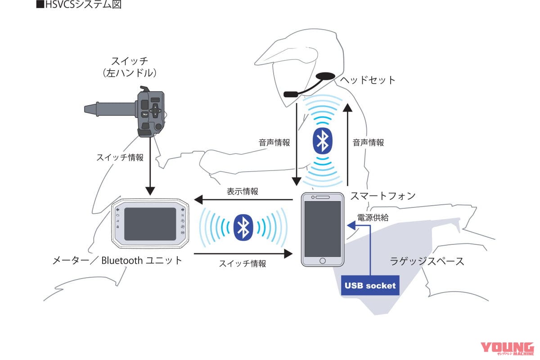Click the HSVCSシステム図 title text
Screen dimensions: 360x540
(81, 6)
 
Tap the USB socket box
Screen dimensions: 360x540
(370, 285)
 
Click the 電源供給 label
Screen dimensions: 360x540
(373, 217)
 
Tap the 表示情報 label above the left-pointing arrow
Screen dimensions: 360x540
(243, 191)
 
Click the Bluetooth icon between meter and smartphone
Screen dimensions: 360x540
(243, 227)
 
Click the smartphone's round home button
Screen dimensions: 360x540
(322, 261)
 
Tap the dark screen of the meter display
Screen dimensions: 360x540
(150, 224)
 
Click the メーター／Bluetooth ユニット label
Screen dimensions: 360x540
(118, 260)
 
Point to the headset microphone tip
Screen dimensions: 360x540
(290, 94)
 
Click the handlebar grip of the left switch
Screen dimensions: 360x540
(110, 108)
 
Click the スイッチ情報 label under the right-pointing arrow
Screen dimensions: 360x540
(243, 264)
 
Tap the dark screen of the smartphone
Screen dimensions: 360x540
(322, 228)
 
